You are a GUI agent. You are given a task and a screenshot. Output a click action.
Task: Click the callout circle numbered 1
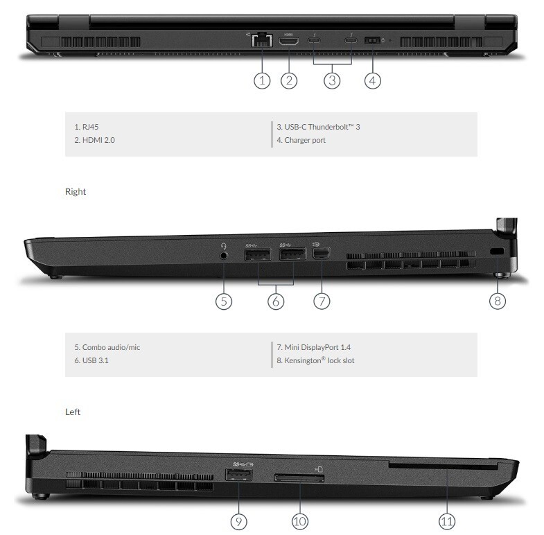coord(261,80)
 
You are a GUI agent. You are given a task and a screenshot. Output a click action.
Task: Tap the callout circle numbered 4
coord(373,80)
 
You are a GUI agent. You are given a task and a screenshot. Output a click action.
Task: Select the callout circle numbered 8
coord(498,300)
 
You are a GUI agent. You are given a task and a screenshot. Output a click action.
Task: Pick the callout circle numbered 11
coord(448,520)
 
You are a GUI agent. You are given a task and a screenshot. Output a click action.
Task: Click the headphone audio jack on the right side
coord(224,254)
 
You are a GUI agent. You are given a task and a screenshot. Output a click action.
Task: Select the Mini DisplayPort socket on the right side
coord(321,254)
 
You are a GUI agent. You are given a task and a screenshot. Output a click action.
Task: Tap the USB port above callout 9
coord(238,475)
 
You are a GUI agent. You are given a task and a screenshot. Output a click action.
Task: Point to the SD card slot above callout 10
coord(300,478)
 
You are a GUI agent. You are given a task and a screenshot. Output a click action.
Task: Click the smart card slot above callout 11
coord(444,467)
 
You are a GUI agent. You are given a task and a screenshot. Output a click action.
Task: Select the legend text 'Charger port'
coord(301,140)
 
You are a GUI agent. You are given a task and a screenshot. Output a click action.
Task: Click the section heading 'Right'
coord(75,192)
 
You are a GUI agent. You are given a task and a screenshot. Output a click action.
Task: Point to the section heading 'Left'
coord(73,412)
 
